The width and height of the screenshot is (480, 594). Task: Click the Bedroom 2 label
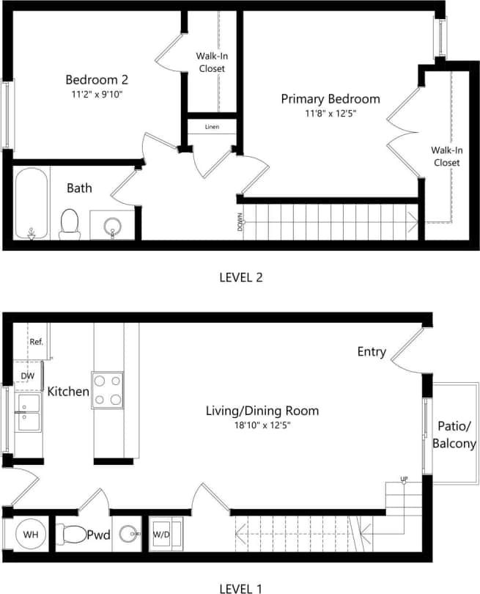(x=97, y=79)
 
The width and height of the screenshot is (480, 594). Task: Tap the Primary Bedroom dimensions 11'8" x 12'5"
(x=331, y=114)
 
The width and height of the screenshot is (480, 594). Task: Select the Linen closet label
(x=212, y=127)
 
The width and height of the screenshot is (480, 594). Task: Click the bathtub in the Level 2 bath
(x=32, y=203)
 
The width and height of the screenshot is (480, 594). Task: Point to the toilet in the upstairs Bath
(x=70, y=223)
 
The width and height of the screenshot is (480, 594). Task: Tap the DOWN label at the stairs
(x=240, y=222)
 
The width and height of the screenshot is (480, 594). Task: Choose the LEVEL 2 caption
(x=240, y=277)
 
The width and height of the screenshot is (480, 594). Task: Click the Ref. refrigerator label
(x=36, y=342)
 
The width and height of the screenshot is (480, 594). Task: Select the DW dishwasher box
(x=27, y=376)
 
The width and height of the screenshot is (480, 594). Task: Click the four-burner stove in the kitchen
(x=107, y=390)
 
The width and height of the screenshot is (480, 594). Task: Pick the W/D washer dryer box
(x=160, y=535)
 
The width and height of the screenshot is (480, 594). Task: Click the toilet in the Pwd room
(x=71, y=534)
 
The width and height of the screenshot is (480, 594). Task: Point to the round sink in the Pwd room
(x=130, y=535)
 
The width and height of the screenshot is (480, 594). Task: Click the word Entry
(x=372, y=352)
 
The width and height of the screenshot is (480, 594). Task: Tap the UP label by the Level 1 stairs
(x=404, y=480)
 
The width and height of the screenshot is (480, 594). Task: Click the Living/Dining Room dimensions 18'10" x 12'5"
(x=262, y=425)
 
